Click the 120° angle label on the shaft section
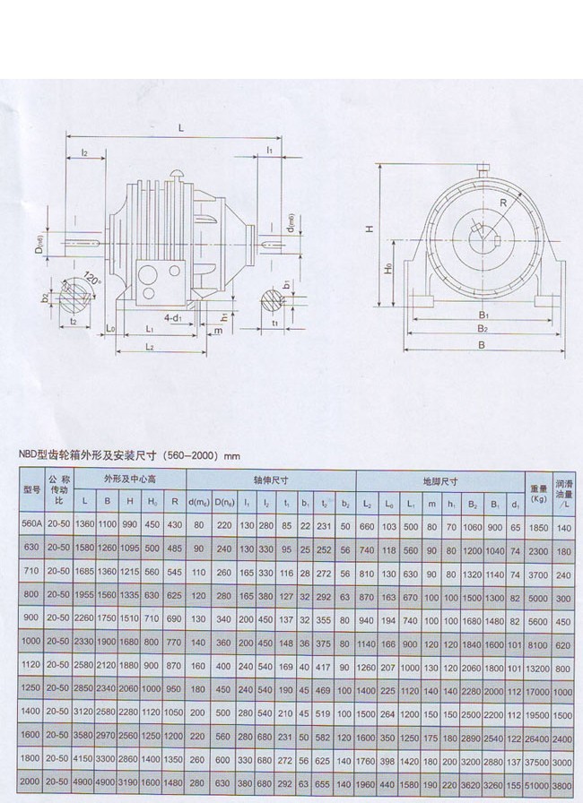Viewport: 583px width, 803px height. coord(90,279)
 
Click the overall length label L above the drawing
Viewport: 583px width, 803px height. coord(180,128)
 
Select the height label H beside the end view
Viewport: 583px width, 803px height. coord(368,229)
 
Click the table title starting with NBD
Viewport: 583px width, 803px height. coord(129,455)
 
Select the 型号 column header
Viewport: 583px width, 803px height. coord(32,489)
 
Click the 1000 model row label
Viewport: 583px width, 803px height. coord(32,643)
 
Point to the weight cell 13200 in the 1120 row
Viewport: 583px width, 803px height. coord(538,668)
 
